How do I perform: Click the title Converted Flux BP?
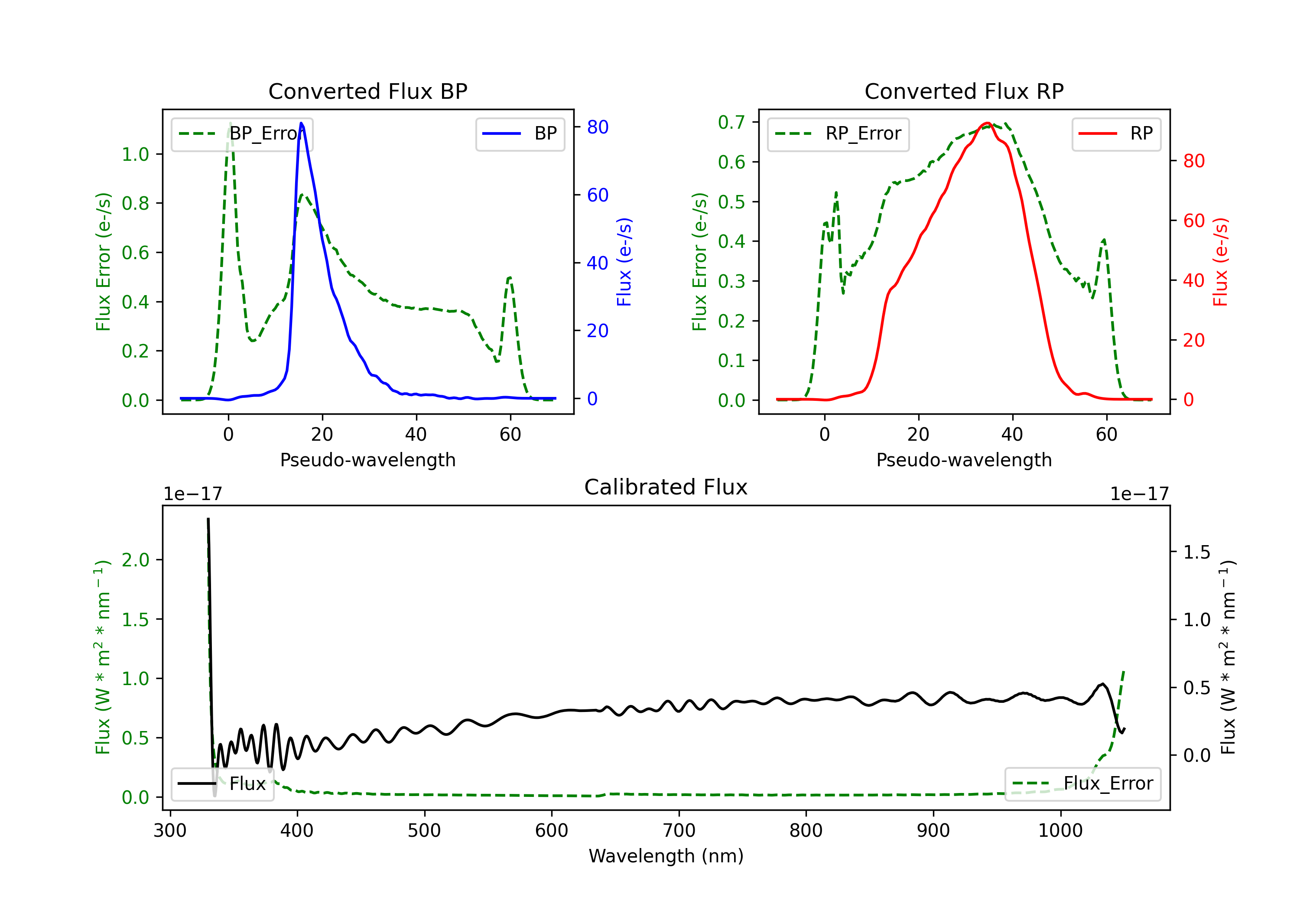click(x=367, y=91)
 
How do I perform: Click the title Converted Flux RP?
click(x=964, y=91)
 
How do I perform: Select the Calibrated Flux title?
click(x=666, y=487)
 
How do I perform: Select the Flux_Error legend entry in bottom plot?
click(x=1082, y=784)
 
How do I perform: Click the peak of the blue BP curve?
click(x=301, y=123)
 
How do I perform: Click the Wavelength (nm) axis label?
click(x=666, y=856)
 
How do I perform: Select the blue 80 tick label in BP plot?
click(x=598, y=127)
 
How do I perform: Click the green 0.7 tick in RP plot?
click(x=731, y=122)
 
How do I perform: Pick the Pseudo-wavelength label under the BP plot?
click(x=367, y=460)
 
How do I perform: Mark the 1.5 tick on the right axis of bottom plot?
click(x=1197, y=552)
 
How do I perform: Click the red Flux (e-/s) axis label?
click(x=1221, y=262)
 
